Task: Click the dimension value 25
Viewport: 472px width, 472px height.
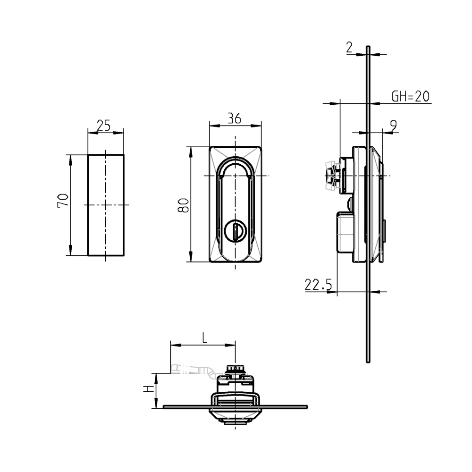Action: [x=103, y=125]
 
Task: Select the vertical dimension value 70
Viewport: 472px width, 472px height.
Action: [x=63, y=201]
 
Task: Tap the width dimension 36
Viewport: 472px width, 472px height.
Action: [x=234, y=118]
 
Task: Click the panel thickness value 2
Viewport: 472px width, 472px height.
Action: [x=349, y=47]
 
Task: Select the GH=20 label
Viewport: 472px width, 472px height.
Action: [x=410, y=97]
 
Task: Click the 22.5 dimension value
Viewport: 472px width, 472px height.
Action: [x=319, y=285]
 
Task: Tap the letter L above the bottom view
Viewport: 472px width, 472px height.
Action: [x=204, y=337]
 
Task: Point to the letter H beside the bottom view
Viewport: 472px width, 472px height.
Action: [x=148, y=390]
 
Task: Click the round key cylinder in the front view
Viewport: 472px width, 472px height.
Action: [x=235, y=231]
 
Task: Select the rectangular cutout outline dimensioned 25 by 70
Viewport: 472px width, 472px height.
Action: [x=106, y=205]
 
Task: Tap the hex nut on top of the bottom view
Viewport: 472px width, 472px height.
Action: [x=235, y=370]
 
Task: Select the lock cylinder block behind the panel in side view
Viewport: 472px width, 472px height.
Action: [x=345, y=232]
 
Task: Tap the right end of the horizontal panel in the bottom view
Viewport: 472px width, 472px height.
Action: [x=306, y=406]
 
